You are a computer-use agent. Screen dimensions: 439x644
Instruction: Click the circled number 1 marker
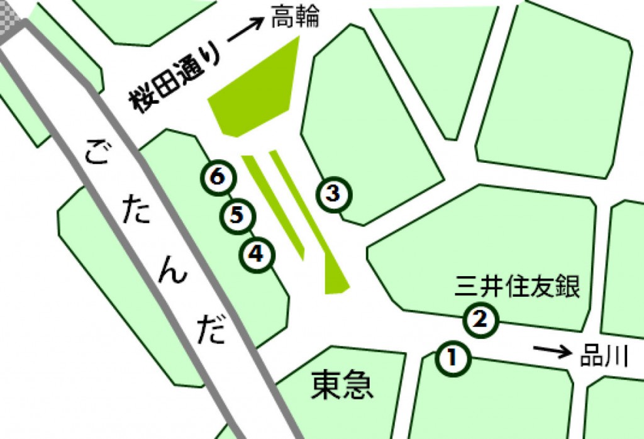point(452,358)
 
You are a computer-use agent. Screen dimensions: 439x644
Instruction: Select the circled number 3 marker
point(334,193)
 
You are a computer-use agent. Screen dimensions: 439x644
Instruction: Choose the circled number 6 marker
point(218,177)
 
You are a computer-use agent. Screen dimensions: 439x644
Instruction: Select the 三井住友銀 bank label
point(517,289)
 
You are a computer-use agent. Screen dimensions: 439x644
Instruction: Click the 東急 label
point(342,384)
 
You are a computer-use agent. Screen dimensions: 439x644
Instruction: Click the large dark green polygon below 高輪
point(258,94)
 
